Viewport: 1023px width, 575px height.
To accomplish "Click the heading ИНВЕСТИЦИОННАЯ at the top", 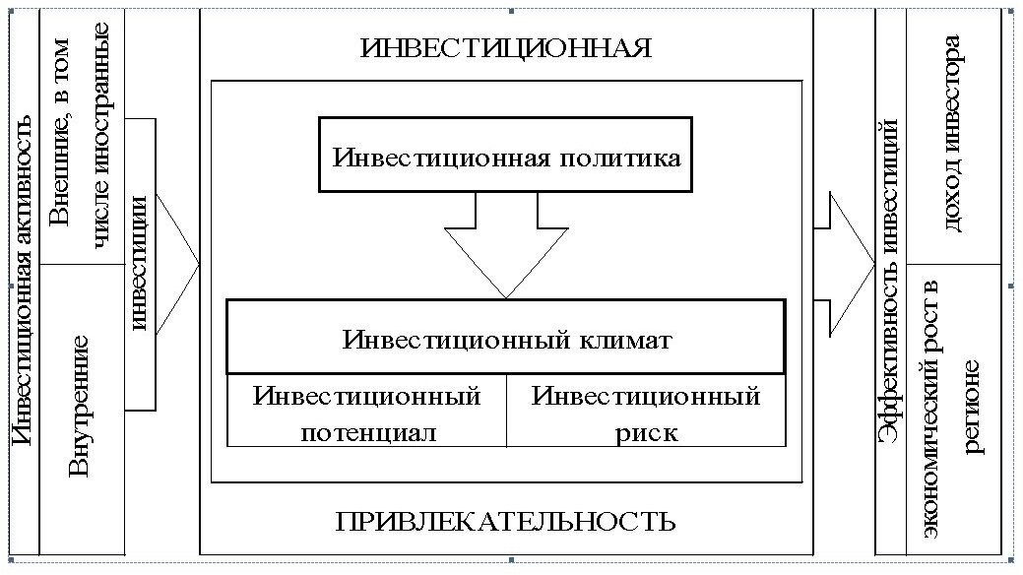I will (x=506, y=49).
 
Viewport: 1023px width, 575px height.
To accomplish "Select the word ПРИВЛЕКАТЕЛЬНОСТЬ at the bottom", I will (x=506, y=520).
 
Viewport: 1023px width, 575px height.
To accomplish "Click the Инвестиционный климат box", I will (x=506, y=340).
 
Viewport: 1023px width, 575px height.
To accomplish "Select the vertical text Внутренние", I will (x=83, y=406).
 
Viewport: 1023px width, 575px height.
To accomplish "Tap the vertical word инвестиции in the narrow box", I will (x=141, y=263).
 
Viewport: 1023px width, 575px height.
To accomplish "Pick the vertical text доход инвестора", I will (x=952, y=133).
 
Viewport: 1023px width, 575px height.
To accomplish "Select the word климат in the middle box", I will (x=625, y=341).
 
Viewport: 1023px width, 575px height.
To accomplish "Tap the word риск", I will (x=646, y=431).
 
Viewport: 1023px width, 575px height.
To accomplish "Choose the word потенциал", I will (x=366, y=431).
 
